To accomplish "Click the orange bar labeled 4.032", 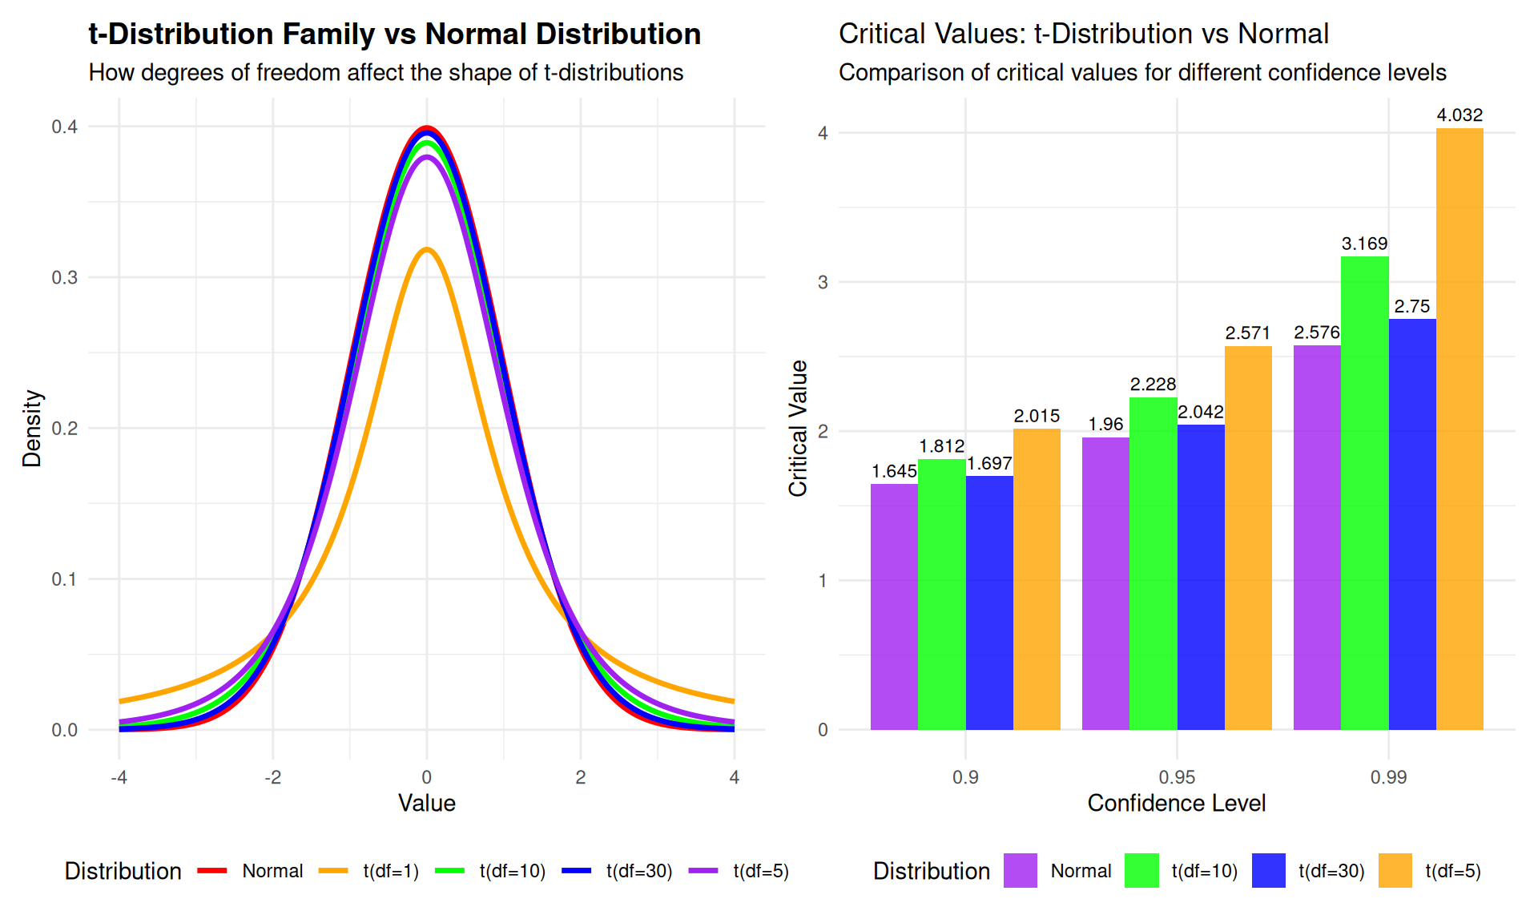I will click(x=1459, y=429).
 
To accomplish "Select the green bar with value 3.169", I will click(x=1364, y=493).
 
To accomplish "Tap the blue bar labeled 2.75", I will click(x=1412, y=524).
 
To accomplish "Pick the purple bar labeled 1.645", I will click(x=894, y=607).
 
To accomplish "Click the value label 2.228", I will click(x=1153, y=385).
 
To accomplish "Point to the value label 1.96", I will click(x=1105, y=425).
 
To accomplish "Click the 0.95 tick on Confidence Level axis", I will click(x=1177, y=777).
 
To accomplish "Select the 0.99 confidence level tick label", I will click(x=1388, y=777).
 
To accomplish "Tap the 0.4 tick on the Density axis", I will click(x=65, y=127).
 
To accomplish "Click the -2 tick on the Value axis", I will click(x=273, y=777).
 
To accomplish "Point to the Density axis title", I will click(x=32, y=428).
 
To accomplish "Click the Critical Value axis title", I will click(x=798, y=428).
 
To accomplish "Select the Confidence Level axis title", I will click(x=1176, y=804).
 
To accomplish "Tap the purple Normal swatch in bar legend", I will click(x=1021, y=871).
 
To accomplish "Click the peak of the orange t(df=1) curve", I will click(x=427, y=249).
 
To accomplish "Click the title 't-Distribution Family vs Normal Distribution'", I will click(x=394, y=34).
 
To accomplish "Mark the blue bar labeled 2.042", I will click(x=1201, y=577).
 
